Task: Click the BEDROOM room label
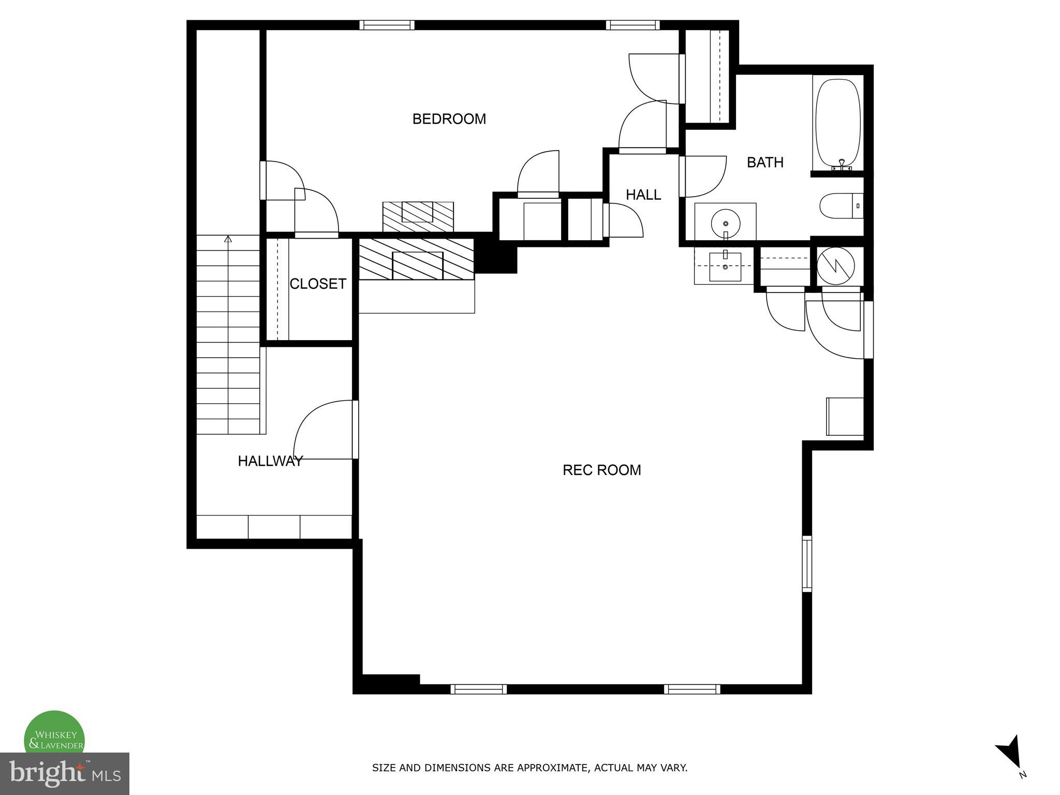[x=449, y=119]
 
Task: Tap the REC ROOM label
[x=601, y=470]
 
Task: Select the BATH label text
[x=764, y=163]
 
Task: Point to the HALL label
[x=643, y=195]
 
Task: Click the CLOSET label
[x=317, y=284]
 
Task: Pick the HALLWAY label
[x=270, y=461]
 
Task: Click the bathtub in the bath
[x=837, y=123]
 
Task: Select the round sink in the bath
[x=725, y=223]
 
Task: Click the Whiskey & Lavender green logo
[x=54, y=734]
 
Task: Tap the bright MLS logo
[x=64, y=773]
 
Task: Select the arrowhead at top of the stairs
[x=228, y=239]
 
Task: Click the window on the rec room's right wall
[x=806, y=564]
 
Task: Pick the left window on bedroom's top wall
[x=387, y=25]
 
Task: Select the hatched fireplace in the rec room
[x=416, y=259]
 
